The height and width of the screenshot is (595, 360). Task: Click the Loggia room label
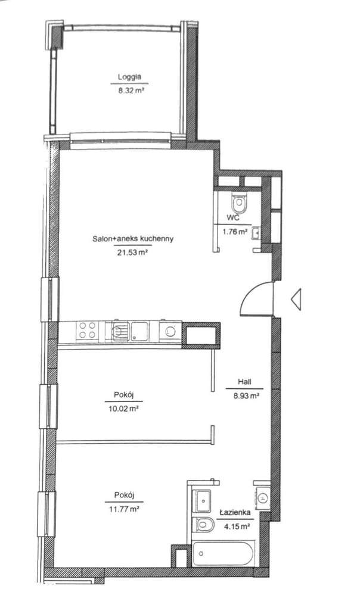pyautogui.click(x=129, y=77)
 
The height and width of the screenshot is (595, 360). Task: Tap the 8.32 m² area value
pyautogui.click(x=129, y=91)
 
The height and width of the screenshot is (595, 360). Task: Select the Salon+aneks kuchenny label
pyautogui.click(x=132, y=239)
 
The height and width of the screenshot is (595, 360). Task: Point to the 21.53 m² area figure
pyautogui.click(x=132, y=253)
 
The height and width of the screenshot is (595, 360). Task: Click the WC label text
pyautogui.click(x=233, y=219)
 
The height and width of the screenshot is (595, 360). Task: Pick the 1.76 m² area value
pyautogui.click(x=234, y=232)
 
